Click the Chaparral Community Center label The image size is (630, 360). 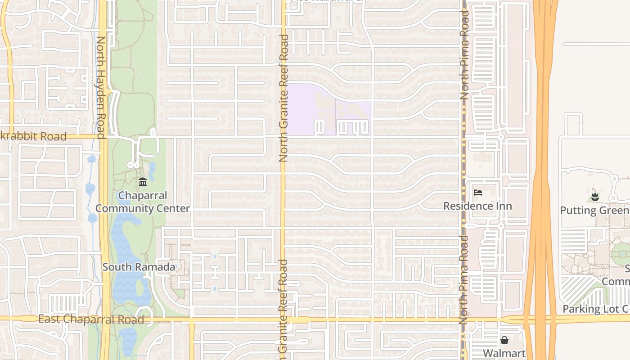(x=142, y=202)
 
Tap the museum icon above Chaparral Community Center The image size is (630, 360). (x=143, y=182)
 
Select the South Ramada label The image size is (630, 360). (x=139, y=267)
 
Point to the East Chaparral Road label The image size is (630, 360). (x=91, y=319)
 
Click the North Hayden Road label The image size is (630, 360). (x=101, y=88)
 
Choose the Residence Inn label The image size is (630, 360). (x=477, y=206)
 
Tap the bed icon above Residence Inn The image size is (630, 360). (x=478, y=193)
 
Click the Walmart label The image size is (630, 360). (x=504, y=353)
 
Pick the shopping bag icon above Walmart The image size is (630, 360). (x=504, y=340)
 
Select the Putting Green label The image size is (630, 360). (x=594, y=211)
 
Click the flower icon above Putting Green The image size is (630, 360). (x=595, y=197)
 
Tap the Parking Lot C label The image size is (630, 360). (x=595, y=309)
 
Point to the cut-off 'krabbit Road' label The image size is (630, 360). (x=33, y=136)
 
